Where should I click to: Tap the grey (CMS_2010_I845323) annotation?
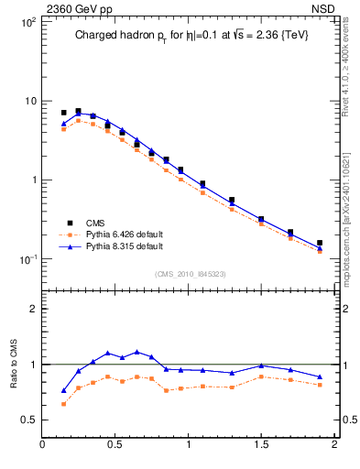[189, 273]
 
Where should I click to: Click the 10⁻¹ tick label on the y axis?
[27, 259]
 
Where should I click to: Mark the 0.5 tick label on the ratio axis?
[27, 420]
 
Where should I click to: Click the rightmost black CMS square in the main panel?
[320, 243]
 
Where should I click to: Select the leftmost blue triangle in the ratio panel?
[64, 390]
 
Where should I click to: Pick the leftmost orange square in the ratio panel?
[64, 404]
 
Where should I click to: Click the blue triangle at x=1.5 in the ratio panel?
[261, 365]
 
